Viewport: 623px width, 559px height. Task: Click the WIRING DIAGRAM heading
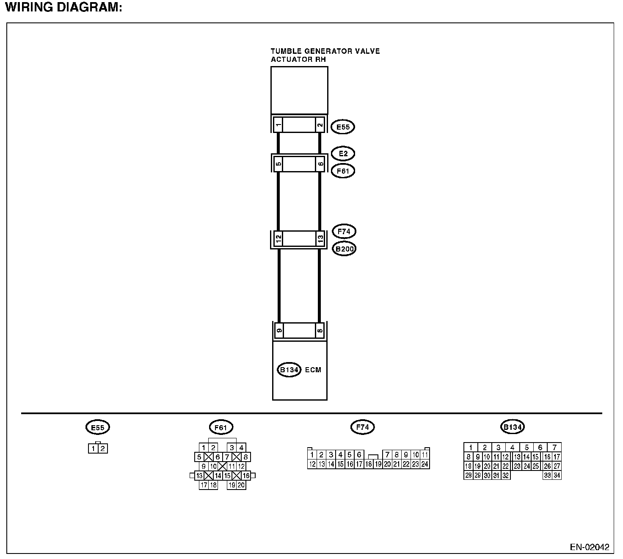tap(63, 8)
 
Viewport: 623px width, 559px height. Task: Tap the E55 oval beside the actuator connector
tap(342, 127)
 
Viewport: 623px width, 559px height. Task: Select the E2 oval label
tap(343, 153)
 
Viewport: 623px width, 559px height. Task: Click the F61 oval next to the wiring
tap(343, 171)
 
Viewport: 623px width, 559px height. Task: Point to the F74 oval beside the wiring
tap(344, 232)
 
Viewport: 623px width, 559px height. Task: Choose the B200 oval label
tap(344, 249)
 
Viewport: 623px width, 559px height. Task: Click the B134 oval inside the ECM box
tap(289, 370)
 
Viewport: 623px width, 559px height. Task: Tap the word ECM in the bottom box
tap(313, 370)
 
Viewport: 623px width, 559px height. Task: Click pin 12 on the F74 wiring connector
tap(278, 239)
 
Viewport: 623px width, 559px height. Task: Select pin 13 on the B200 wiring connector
tap(320, 239)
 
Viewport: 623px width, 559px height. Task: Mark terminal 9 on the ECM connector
tap(279, 330)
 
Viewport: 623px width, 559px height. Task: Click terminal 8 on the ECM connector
tap(320, 330)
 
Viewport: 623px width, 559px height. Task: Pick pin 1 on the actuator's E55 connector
tap(278, 125)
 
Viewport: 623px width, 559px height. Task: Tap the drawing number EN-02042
tap(590, 547)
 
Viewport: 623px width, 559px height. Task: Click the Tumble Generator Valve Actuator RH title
tap(325, 55)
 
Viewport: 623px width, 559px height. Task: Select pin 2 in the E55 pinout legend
tap(103, 449)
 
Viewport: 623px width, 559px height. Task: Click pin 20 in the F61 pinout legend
tap(241, 485)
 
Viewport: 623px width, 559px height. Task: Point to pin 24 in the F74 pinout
tap(425, 464)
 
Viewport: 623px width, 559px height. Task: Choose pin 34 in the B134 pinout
tap(557, 476)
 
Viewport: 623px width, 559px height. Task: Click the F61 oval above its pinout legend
tap(221, 428)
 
